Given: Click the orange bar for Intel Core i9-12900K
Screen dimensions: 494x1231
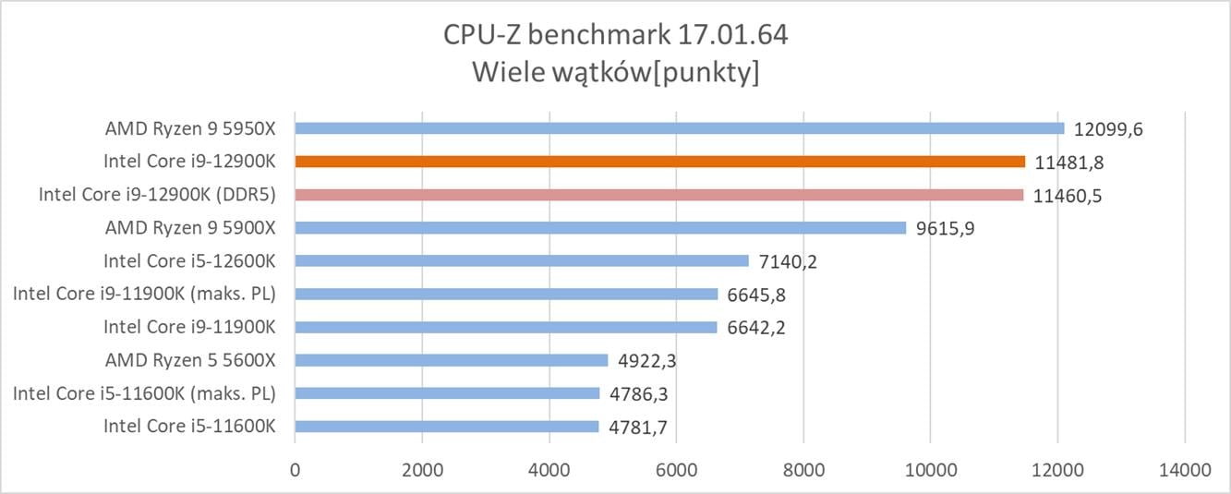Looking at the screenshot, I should pyautogui.click(x=659, y=162).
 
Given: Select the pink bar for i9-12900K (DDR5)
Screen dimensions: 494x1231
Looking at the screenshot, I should pyautogui.click(x=658, y=195).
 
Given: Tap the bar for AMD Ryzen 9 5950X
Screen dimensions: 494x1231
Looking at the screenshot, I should pyautogui.click(x=679, y=128).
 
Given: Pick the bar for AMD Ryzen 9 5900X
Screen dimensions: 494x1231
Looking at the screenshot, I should pyautogui.click(x=600, y=228).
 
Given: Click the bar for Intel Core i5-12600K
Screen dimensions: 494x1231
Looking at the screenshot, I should pyautogui.click(x=522, y=261).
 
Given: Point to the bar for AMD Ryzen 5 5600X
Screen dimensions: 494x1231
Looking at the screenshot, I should pyautogui.click(x=452, y=360).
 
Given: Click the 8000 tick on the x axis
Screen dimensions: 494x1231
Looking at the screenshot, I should pyautogui.click(x=803, y=469).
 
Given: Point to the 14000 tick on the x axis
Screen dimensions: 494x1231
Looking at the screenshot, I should pyautogui.click(x=1185, y=469).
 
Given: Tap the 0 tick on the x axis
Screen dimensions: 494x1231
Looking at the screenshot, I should pyautogui.click(x=295, y=469).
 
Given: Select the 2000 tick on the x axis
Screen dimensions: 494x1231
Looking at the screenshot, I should pyautogui.click(x=422, y=469).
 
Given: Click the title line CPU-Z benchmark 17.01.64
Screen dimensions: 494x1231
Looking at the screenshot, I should pyautogui.click(x=615, y=37).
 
